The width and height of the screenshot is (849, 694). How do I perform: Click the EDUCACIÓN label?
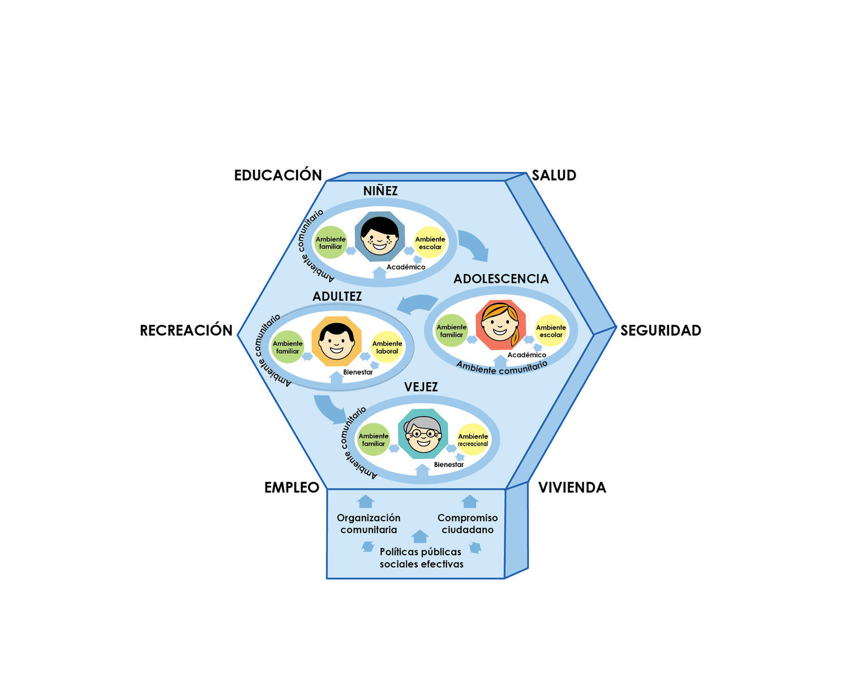point(278,175)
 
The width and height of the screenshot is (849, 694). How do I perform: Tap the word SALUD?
point(554,175)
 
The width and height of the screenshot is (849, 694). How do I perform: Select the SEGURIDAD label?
point(661,331)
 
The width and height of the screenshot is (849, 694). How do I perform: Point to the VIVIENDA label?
point(572,487)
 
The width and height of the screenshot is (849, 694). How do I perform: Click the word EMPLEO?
point(291,487)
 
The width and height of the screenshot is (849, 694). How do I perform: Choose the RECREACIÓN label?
point(186,331)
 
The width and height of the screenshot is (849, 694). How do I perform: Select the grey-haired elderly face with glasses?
point(423,435)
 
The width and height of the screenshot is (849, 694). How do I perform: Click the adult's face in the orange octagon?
point(336,341)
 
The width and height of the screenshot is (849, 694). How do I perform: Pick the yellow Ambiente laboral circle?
point(387,347)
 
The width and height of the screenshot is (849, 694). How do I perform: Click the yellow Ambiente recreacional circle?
point(473,440)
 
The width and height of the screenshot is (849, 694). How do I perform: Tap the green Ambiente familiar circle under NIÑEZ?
point(331,243)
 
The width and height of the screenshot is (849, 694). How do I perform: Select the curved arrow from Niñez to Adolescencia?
point(474,245)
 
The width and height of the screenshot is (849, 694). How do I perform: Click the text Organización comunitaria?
point(368,524)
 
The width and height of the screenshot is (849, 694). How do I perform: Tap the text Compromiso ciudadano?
point(468,524)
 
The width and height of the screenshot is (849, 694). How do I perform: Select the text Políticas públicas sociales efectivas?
point(421,558)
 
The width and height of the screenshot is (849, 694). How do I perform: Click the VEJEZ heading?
point(421,387)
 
